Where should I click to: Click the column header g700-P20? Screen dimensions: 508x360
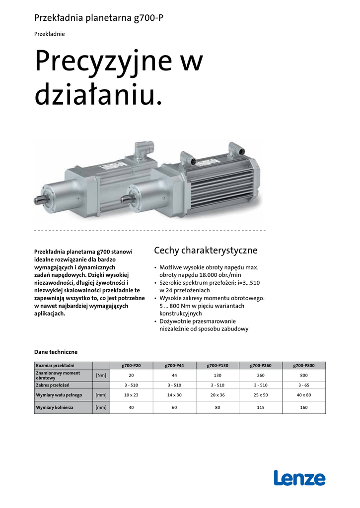(131, 366)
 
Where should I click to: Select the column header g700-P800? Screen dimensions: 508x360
(304, 366)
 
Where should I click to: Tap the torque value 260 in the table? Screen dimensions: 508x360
(261, 375)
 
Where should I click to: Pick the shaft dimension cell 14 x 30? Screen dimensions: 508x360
(174, 395)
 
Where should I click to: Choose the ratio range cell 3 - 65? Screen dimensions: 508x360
(304, 385)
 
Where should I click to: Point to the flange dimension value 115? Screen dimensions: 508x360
(261, 408)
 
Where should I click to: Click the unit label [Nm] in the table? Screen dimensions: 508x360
(101, 375)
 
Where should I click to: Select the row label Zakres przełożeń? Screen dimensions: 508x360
(52, 385)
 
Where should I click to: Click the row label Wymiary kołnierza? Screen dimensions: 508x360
(55, 408)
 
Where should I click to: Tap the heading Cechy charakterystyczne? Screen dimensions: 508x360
(206, 250)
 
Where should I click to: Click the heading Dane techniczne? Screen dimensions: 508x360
(56, 352)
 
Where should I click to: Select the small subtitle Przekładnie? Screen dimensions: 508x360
(49, 34)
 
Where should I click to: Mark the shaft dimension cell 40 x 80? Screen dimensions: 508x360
(304, 395)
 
